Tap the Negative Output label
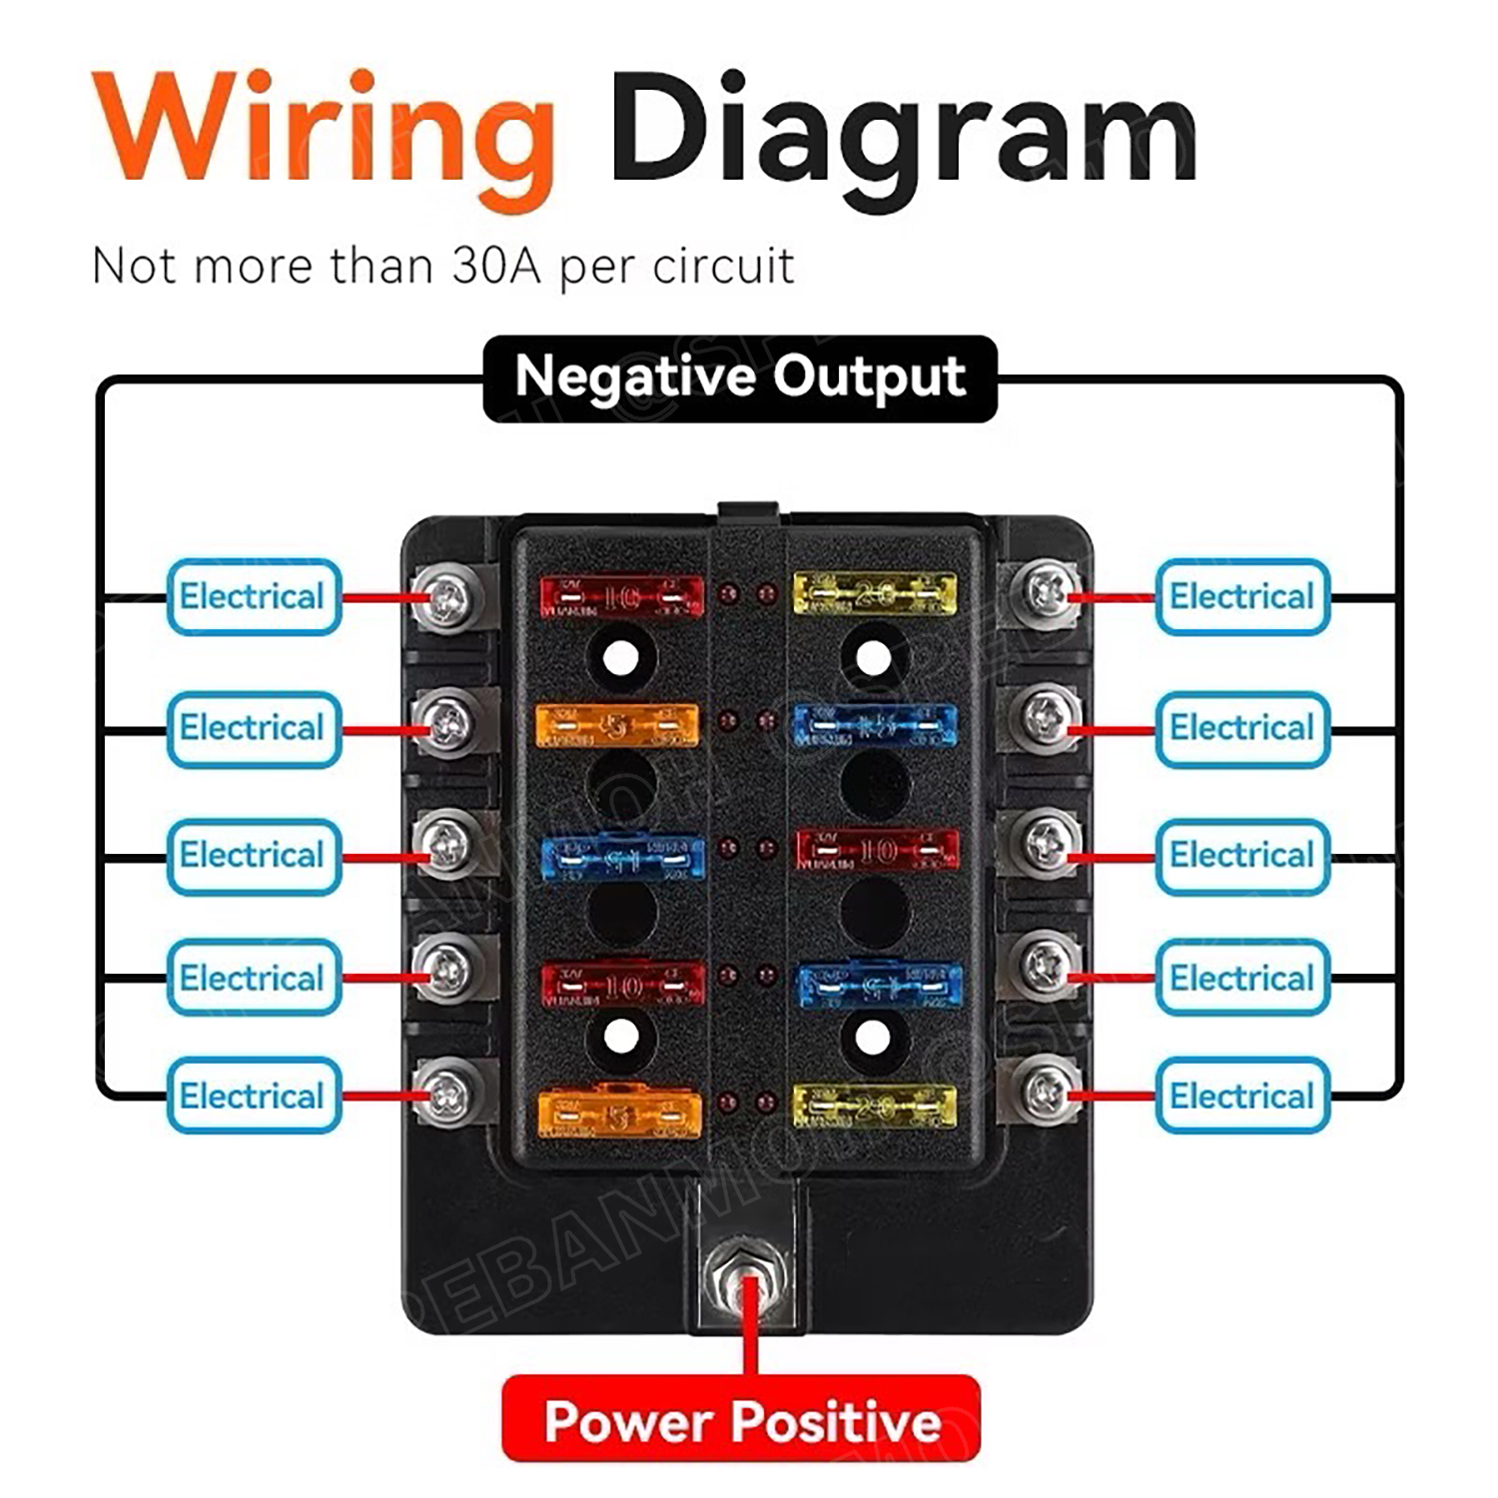[x=740, y=377]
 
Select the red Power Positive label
[x=741, y=1419]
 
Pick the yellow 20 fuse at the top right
[x=874, y=594]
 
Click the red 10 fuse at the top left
[x=621, y=597]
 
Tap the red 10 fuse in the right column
[x=878, y=850]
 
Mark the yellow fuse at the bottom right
[x=874, y=1107]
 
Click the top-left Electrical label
[x=254, y=597]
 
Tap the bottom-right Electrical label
[x=1242, y=1096]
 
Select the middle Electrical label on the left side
[x=254, y=856]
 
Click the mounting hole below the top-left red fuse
[x=621, y=658]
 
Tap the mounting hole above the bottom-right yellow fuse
[x=873, y=1037]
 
